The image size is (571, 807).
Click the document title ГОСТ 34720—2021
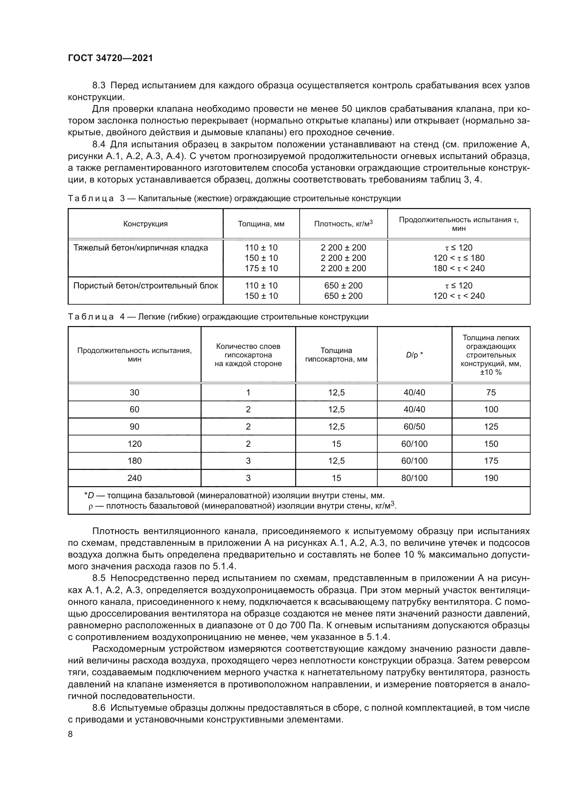(x=110, y=58)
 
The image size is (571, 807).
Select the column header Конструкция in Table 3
(x=145, y=224)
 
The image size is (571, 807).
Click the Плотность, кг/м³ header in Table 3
(x=343, y=224)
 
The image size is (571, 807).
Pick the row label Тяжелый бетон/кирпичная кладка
(x=141, y=248)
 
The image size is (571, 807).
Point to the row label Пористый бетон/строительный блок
(x=146, y=285)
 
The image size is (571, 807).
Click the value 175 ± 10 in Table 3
(x=261, y=268)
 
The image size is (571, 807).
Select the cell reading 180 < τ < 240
(x=459, y=268)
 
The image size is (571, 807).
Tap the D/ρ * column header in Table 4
(x=414, y=355)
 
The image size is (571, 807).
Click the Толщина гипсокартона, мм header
(x=336, y=355)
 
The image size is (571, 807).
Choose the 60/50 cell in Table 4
(x=414, y=427)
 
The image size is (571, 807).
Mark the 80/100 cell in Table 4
(x=414, y=478)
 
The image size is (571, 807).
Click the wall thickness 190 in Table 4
(x=491, y=478)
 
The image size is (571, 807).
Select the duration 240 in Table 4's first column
(x=134, y=478)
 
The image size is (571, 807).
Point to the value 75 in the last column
(x=491, y=392)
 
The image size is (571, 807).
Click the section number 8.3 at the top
(x=99, y=86)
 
